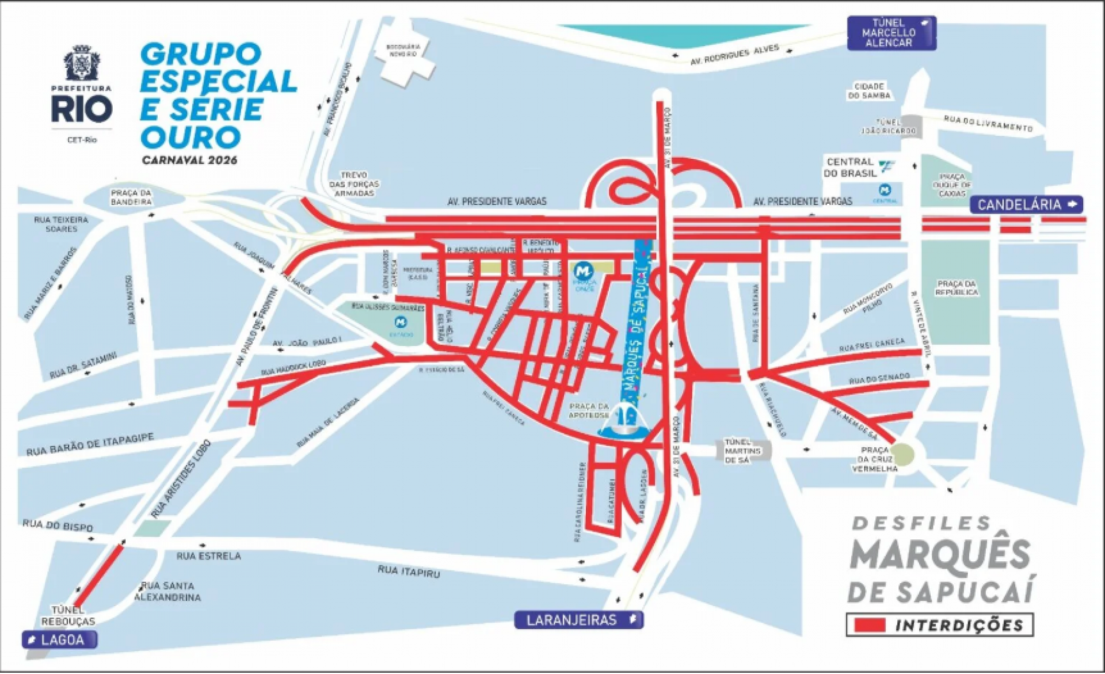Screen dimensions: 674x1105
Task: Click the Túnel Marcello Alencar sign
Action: click(891, 33)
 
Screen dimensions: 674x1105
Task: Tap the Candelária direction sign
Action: click(1026, 204)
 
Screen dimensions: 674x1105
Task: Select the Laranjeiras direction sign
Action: click(578, 620)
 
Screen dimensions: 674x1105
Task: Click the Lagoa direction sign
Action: click(59, 639)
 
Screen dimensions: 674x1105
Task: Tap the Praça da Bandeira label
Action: click(131, 197)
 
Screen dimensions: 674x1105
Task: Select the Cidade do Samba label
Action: click(869, 91)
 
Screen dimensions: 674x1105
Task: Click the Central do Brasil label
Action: click(850, 167)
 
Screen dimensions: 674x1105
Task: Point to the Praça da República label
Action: click(957, 288)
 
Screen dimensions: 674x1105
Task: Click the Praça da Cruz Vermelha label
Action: click(875, 459)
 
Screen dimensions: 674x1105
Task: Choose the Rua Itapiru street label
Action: click(409, 571)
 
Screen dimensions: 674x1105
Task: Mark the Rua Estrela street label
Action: click(208, 556)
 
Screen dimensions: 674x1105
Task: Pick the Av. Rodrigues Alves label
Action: click(734, 55)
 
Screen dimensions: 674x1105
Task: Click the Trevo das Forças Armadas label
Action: click(354, 184)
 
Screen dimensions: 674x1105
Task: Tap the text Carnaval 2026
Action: click(189, 160)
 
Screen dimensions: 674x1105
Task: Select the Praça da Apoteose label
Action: click(589, 410)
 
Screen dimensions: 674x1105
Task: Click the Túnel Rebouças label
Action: click(68, 615)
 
